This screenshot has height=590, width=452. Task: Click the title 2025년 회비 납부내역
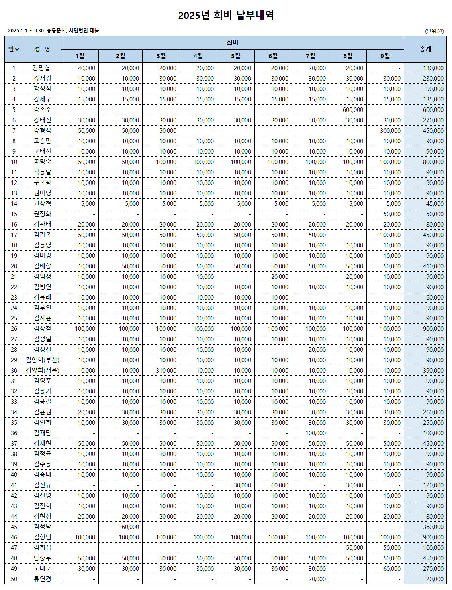[x=226, y=15]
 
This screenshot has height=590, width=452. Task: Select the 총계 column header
[x=425, y=49]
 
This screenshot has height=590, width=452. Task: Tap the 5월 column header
[x=235, y=56]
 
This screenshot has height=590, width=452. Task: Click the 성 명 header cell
[x=42, y=49]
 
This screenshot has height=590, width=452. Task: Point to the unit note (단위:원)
[x=435, y=31]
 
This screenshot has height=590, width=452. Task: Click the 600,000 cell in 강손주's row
[x=353, y=110]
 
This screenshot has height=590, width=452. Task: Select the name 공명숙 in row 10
[x=42, y=162]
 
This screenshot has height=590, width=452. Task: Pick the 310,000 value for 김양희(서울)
[x=166, y=371]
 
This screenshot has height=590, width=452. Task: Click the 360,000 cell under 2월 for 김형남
[x=129, y=527]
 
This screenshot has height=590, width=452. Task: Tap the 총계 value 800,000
[x=433, y=162]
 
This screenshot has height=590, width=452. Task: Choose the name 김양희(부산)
[x=42, y=360]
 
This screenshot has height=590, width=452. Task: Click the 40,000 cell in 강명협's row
[x=86, y=68]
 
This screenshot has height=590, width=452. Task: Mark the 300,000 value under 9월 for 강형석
[x=390, y=131]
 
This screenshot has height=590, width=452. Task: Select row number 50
[x=14, y=579]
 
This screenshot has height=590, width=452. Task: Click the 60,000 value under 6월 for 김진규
[x=280, y=485]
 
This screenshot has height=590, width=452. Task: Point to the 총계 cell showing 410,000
[x=433, y=266]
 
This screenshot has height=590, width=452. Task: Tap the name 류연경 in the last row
[x=42, y=579]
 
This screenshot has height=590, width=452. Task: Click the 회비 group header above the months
[x=232, y=43]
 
